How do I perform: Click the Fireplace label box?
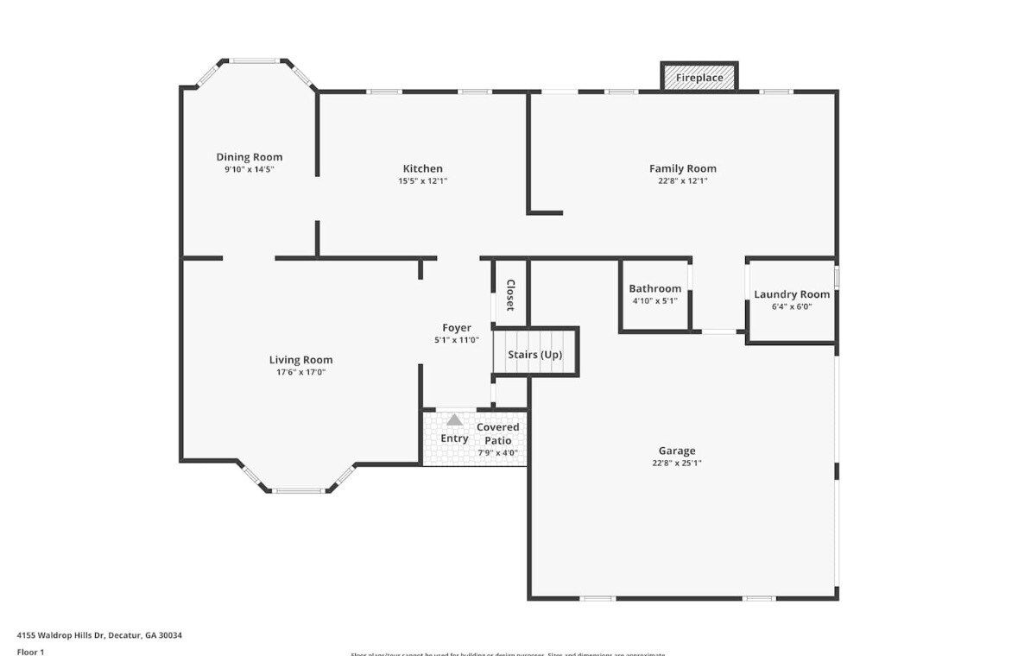(x=699, y=77)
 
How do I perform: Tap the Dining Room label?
(x=249, y=157)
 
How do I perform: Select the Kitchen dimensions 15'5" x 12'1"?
(x=423, y=181)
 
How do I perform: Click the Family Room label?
(x=682, y=168)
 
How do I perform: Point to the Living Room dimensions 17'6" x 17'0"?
(x=300, y=373)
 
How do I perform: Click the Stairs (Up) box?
(x=534, y=354)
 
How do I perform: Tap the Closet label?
(x=510, y=295)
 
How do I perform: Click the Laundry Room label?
(x=791, y=294)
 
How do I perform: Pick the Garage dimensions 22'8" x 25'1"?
(x=677, y=464)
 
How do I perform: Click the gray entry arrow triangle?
(x=453, y=419)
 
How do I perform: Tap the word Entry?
(x=454, y=438)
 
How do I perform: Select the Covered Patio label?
(x=498, y=433)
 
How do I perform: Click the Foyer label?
(x=457, y=328)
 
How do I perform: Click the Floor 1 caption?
(x=31, y=652)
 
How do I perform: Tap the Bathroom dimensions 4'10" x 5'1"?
(x=654, y=301)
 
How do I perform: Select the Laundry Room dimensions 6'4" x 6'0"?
(x=791, y=306)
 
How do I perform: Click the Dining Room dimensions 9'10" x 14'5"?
(x=249, y=170)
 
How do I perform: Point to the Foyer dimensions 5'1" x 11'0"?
(x=456, y=340)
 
